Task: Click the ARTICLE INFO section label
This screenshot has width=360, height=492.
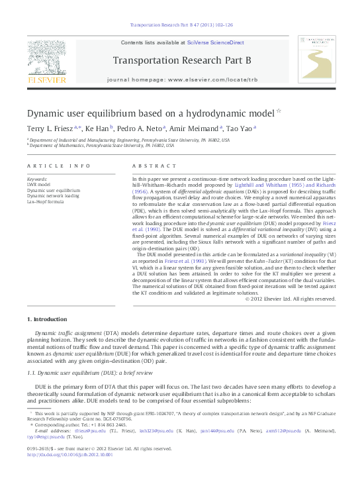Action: click(50, 165)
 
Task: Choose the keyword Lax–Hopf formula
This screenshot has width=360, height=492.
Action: click(45, 201)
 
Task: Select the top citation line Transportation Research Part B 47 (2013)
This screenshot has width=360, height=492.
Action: click(179, 25)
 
